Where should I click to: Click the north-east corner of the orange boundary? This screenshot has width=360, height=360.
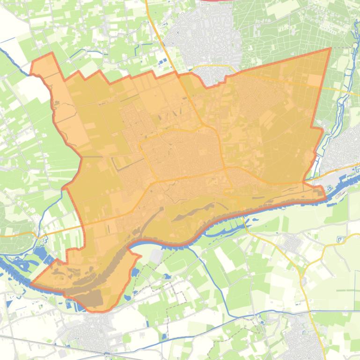(x=331, y=48)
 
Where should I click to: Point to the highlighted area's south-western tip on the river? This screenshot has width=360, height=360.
(x=31, y=284)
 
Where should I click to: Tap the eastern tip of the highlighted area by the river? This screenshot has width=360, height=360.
(x=325, y=198)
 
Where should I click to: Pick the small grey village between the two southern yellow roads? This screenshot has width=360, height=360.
(x=293, y=243)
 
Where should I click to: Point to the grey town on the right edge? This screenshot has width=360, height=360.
(x=346, y=145)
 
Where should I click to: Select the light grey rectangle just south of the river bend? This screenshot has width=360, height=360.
(x=156, y=255)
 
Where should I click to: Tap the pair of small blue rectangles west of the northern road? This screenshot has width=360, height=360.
(x=162, y=63)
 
